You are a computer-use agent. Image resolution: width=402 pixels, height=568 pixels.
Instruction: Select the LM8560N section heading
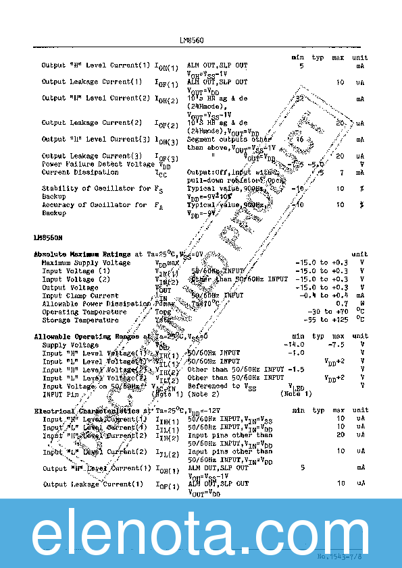(x=48, y=237)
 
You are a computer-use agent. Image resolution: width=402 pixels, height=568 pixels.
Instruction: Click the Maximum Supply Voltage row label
(x=86, y=263)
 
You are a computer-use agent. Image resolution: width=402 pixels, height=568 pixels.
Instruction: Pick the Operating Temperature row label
(x=84, y=312)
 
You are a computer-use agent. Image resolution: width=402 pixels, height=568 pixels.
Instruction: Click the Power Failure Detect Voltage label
(x=99, y=164)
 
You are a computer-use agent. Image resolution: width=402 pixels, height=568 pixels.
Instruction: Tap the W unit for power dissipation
(x=363, y=304)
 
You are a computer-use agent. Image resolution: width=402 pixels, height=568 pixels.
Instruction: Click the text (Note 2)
(x=204, y=394)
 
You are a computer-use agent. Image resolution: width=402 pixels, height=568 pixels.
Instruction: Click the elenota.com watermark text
(x=201, y=534)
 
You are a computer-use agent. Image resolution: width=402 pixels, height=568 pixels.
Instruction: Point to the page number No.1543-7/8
(x=342, y=557)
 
